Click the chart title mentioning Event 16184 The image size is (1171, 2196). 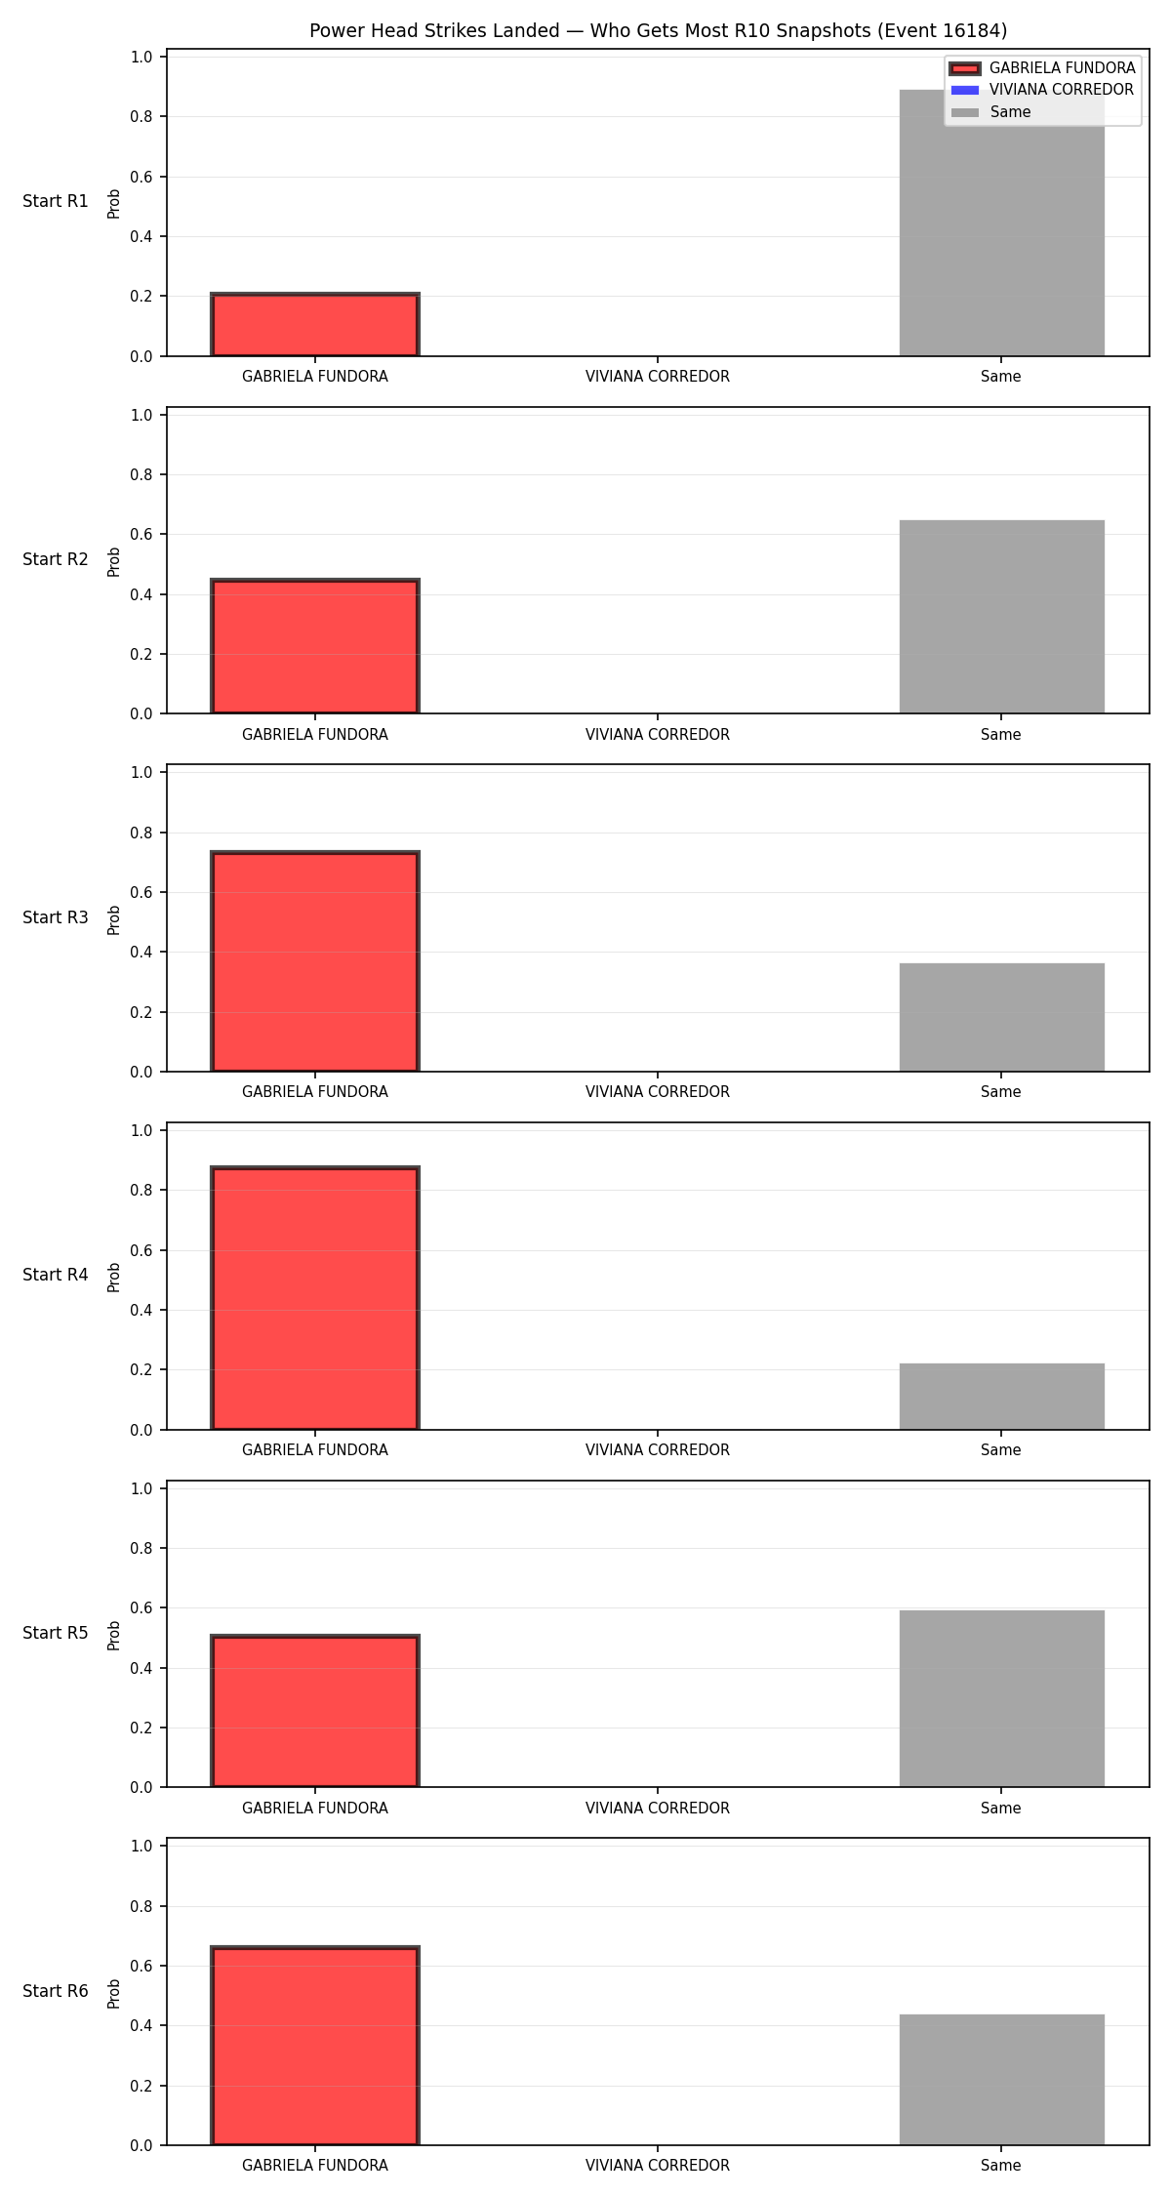658,31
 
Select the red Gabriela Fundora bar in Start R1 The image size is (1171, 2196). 315,324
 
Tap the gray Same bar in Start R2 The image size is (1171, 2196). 1001,617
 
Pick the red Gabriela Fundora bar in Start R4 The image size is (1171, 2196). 315,1298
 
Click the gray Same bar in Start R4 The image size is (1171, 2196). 1001,1397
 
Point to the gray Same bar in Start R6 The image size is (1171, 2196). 1001,2080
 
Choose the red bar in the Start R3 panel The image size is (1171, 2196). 315,961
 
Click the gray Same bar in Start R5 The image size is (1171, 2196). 1001,1698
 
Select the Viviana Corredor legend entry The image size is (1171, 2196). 1042,90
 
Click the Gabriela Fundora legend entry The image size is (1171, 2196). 1042,68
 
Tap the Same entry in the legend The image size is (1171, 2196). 991,112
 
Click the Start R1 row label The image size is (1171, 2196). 56,201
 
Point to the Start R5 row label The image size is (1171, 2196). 56,1633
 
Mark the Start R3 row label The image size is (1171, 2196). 56,917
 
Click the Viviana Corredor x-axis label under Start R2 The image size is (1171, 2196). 658,735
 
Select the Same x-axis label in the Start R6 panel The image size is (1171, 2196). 1001,2166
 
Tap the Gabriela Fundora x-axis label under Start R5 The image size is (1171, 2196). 315,1809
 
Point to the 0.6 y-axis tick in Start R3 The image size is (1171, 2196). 142,892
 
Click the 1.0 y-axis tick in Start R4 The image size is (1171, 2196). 142,1130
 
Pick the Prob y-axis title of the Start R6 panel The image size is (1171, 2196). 114,1993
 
